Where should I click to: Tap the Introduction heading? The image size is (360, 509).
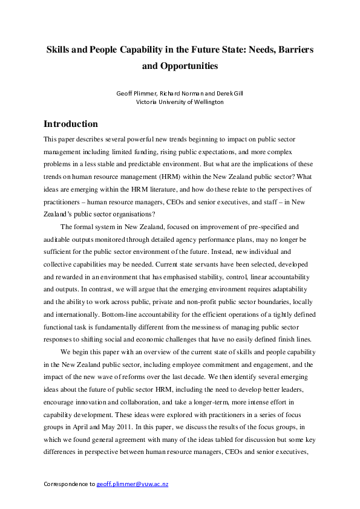(71, 125)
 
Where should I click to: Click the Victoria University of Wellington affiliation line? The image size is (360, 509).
(180, 102)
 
